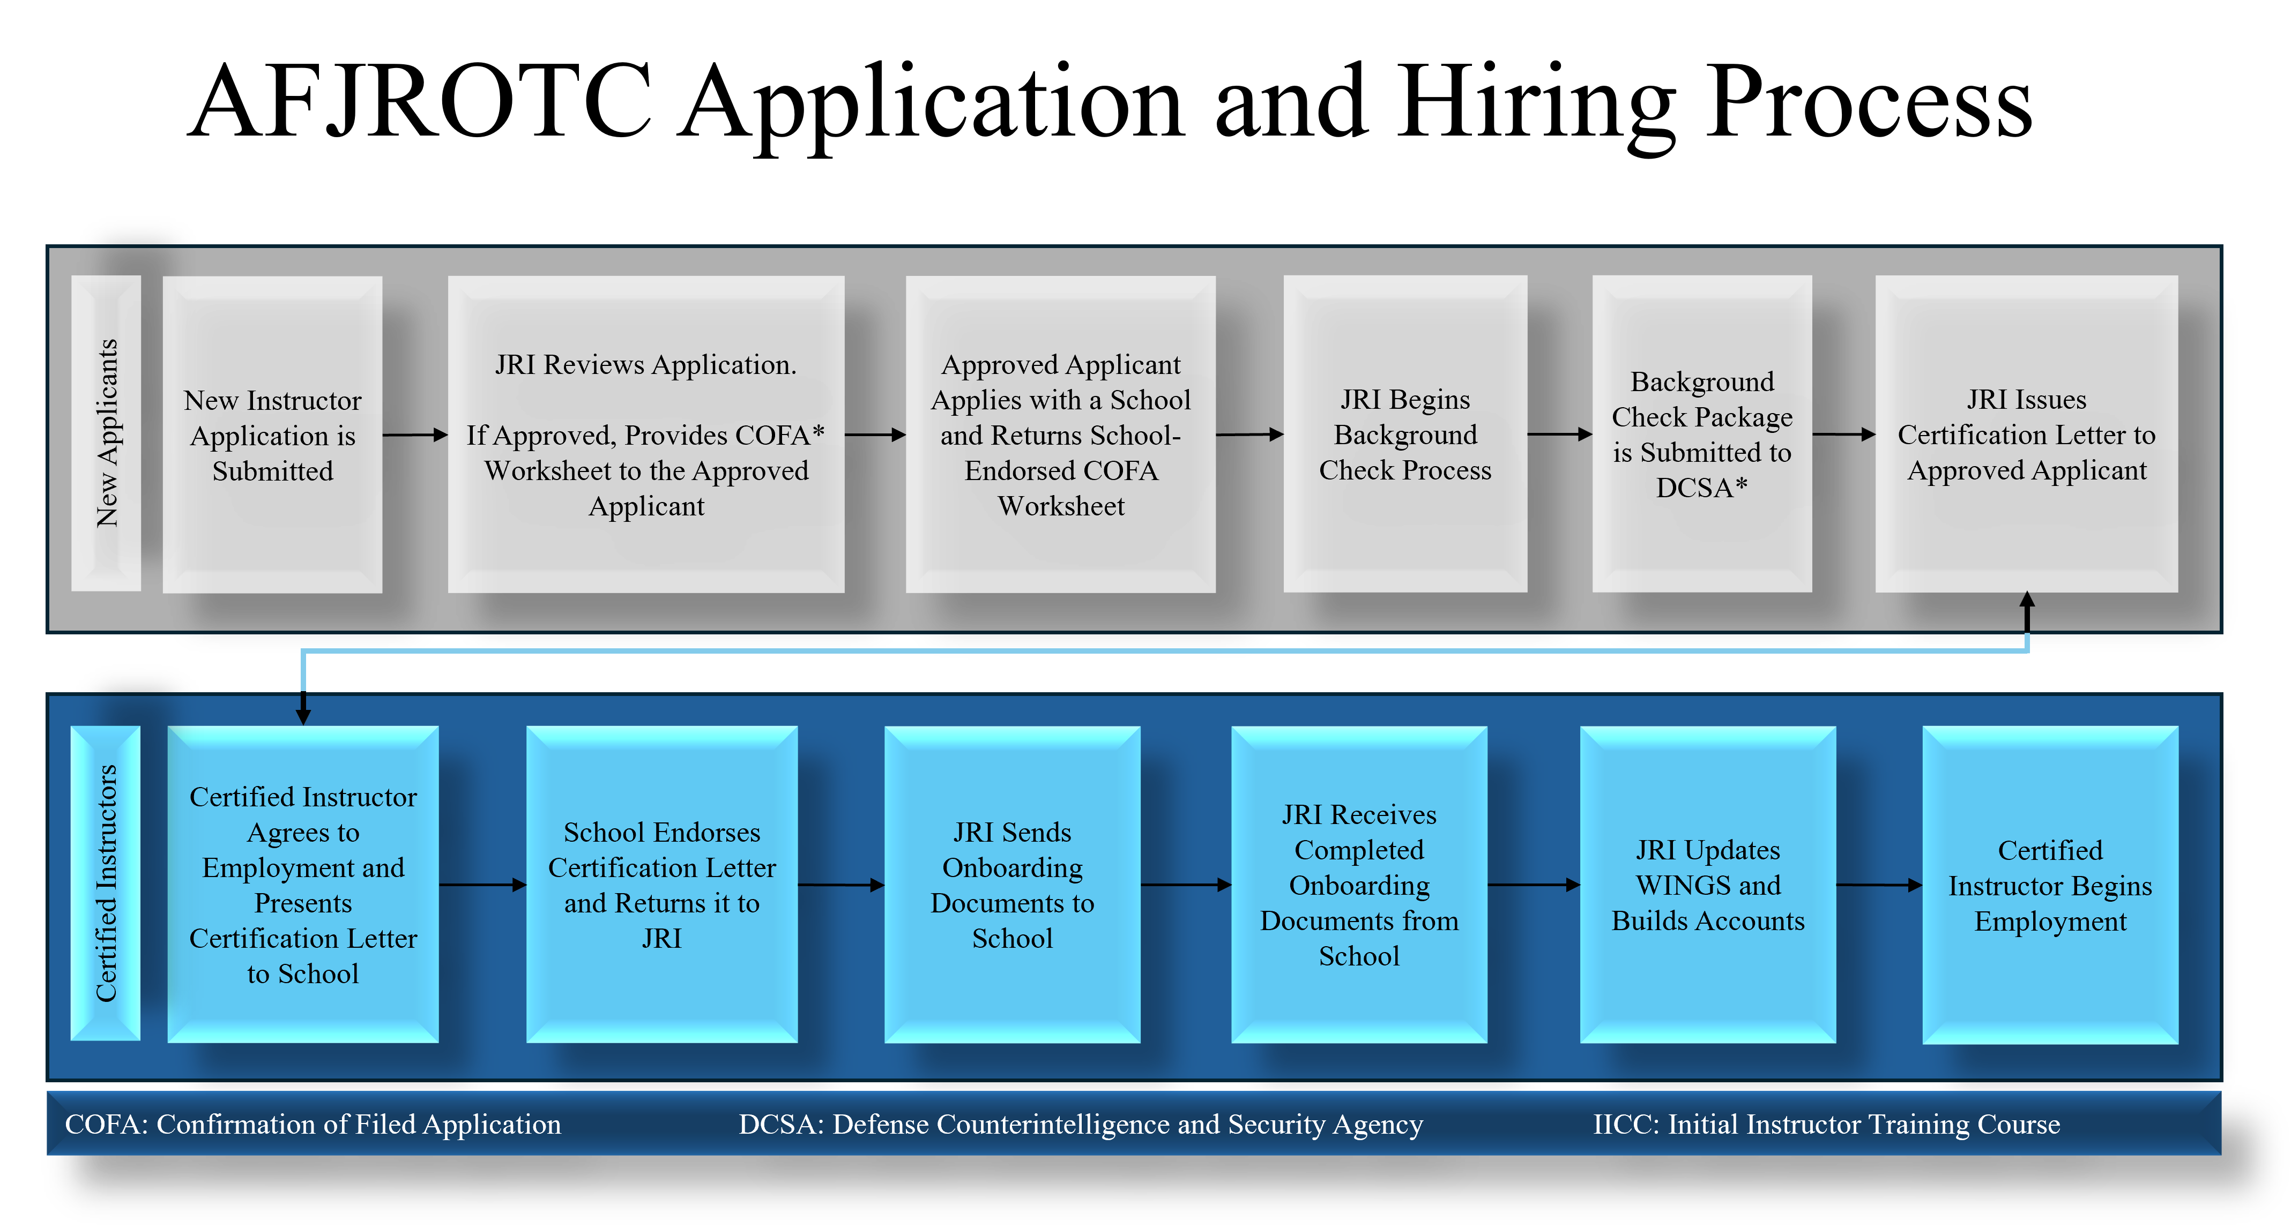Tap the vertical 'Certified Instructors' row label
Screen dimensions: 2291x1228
coord(106,883)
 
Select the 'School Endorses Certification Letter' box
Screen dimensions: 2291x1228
coord(661,884)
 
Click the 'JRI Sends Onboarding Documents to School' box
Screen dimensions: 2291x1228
coord(1012,884)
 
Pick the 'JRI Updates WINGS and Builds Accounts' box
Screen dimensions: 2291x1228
coord(1708,884)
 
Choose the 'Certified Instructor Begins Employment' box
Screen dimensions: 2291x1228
coord(2050,884)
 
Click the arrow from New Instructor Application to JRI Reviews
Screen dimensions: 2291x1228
coord(415,435)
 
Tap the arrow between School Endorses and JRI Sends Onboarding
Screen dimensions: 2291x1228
coord(842,885)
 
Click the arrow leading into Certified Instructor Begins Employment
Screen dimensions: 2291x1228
coord(1879,885)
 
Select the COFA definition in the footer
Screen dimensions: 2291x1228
coord(313,1124)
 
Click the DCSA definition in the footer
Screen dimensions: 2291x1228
coord(1081,1124)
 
